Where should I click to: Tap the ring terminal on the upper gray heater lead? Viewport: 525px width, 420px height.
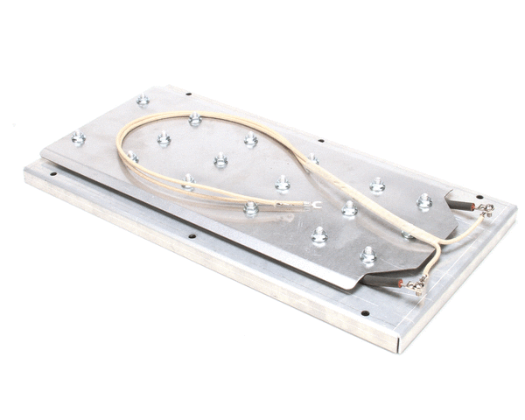pos(486,209)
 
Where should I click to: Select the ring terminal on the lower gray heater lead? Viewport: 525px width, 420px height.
pos(418,283)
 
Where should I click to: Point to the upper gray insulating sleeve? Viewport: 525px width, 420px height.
pos(458,204)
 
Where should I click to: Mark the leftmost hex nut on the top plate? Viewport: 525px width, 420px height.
pos(78,137)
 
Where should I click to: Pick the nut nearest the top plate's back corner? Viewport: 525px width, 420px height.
pos(143,100)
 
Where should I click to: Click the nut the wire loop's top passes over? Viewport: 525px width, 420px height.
pos(194,119)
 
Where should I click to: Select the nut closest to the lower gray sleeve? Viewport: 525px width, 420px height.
pos(368,255)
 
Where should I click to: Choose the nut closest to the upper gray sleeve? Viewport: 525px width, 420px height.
pos(424,201)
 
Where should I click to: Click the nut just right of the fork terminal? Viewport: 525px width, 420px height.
pos(349,208)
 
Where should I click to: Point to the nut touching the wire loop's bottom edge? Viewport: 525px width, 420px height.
pos(251,208)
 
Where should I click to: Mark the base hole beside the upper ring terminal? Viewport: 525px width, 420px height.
pos(479,195)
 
